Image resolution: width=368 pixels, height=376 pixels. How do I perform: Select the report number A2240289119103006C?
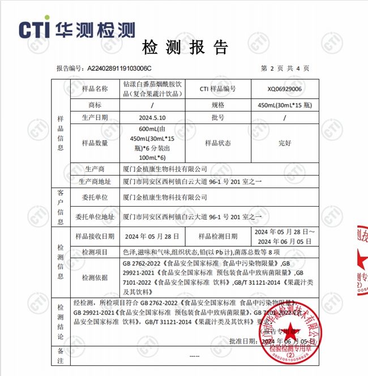pos(119,68)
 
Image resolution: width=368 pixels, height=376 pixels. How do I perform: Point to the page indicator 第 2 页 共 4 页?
pos(285,68)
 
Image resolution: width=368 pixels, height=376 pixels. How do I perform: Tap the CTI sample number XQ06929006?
pos(284,89)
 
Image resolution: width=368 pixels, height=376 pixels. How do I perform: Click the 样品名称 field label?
pos(94,89)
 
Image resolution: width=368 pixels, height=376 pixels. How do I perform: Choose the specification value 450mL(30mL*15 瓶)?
pos(284,105)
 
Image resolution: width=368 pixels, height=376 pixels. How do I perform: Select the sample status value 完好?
pos(284,143)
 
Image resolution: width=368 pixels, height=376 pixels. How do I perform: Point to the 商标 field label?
pos(94,105)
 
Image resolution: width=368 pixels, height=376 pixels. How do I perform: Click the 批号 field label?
pos(217,118)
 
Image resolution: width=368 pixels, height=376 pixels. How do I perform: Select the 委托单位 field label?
pos(94,198)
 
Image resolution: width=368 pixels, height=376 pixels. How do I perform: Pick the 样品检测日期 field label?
pos(217,236)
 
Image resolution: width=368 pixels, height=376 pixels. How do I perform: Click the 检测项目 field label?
pos(94,251)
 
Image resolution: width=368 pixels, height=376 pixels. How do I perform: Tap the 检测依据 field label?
pos(94,278)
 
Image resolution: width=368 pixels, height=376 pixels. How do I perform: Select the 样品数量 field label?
pos(94,143)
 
